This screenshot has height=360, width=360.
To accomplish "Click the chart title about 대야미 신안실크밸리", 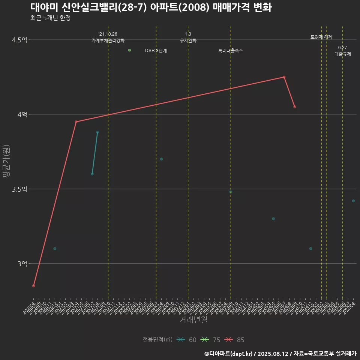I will [151, 7].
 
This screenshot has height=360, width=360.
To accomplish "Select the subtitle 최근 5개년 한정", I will [50, 18].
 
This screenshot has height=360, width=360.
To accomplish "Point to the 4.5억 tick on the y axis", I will [19, 40].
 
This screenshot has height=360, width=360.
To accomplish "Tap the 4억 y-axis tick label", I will [22, 115].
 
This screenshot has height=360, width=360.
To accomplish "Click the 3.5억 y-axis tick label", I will [19, 189].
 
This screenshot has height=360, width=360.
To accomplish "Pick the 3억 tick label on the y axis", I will [22, 264].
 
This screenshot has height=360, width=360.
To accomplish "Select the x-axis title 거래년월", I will [193, 320].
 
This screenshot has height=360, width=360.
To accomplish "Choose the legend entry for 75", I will [211, 340].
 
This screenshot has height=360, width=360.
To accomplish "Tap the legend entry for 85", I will [235, 340].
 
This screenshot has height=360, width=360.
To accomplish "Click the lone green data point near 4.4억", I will [129, 50].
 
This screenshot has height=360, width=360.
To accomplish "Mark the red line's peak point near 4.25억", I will [284, 77].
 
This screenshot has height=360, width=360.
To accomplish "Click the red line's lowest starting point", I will [34, 286].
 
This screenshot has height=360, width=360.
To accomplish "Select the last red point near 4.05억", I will [295, 107].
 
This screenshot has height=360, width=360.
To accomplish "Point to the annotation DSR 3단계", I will [156, 51].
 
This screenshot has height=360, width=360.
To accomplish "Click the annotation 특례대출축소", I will [231, 51].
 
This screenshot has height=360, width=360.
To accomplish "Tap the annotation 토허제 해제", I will [321, 37].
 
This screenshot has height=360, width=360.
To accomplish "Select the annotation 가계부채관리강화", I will [108, 40].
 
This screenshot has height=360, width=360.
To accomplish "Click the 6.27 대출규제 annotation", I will [343, 51].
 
